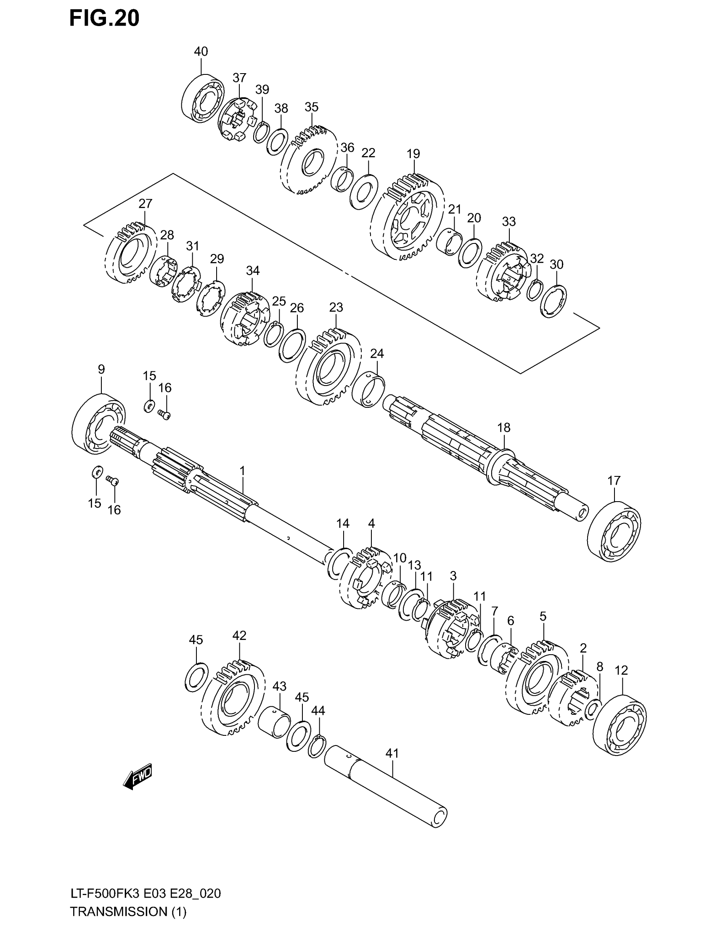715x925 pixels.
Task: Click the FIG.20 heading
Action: tap(104, 18)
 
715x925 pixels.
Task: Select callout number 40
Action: tap(201, 52)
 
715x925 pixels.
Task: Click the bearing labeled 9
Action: tap(99, 424)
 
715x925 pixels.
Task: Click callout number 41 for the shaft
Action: tap(392, 753)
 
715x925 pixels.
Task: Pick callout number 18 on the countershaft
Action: tap(503, 428)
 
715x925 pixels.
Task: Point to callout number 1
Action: tap(242, 470)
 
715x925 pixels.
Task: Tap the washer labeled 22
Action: tap(364, 192)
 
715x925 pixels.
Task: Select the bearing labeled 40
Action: tap(204, 99)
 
